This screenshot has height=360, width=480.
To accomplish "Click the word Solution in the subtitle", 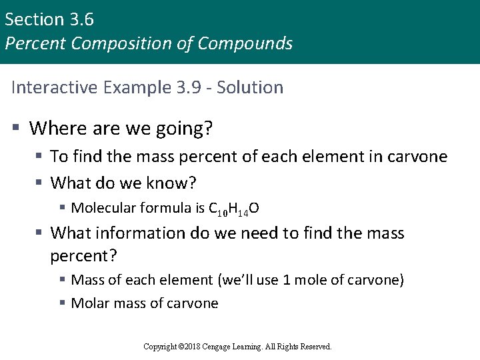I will (x=252, y=87).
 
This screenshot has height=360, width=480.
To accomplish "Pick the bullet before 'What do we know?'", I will (x=39, y=182).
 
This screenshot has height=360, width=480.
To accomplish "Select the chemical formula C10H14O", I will (x=234, y=209).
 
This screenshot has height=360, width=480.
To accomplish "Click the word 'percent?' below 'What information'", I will (x=81, y=255).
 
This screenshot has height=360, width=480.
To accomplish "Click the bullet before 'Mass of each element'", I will (x=62, y=280).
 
